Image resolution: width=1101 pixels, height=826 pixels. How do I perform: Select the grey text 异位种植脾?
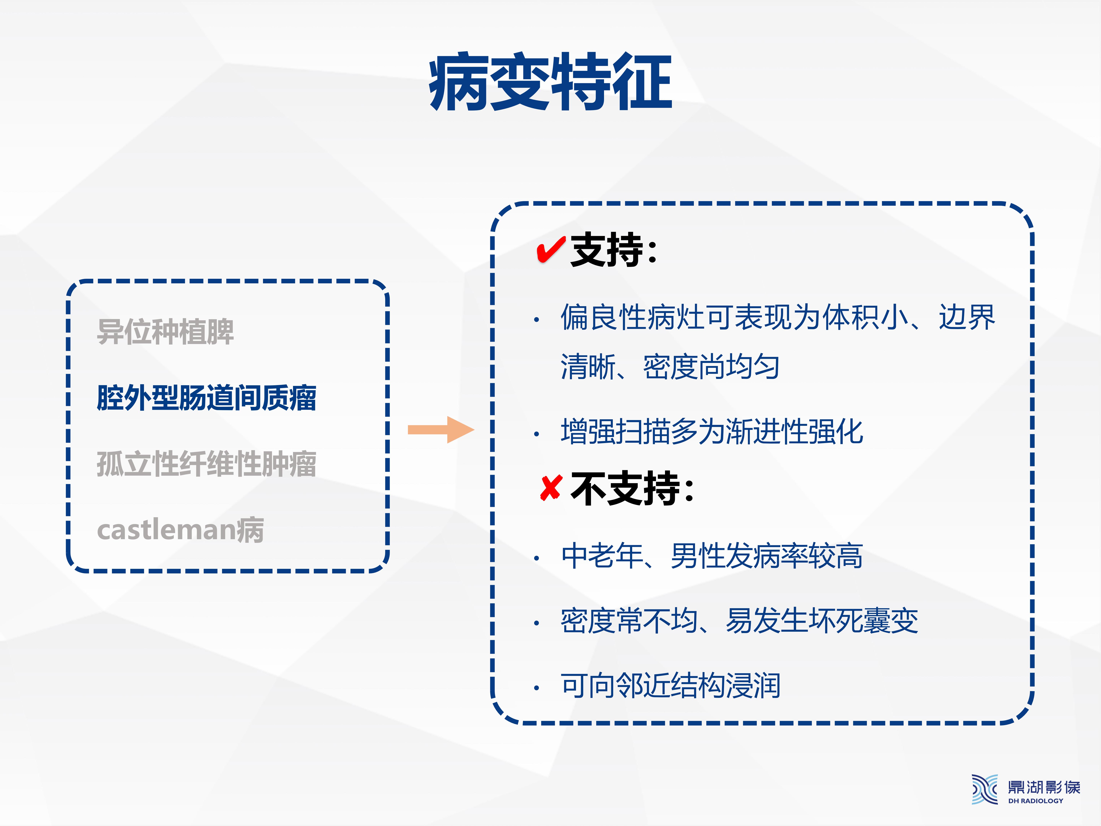tap(165, 332)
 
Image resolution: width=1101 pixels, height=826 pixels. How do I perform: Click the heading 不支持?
tap(632, 489)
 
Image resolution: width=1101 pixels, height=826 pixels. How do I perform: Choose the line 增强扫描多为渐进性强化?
tap(712, 431)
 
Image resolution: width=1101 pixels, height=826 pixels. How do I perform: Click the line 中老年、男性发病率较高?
tap(712, 556)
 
